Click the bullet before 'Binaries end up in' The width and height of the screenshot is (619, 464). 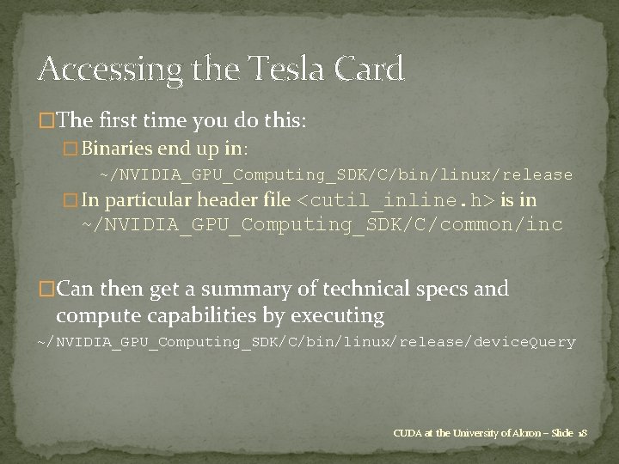[x=71, y=148]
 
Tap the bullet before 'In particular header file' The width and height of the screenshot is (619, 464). [x=71, y=201]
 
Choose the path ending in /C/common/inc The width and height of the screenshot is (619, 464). [x=322, y=225]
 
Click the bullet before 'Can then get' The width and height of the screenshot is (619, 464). [x=48, y=289]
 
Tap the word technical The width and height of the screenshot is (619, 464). [x=355, y=289]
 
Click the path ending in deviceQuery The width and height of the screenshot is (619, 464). [x=306, y=342]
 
